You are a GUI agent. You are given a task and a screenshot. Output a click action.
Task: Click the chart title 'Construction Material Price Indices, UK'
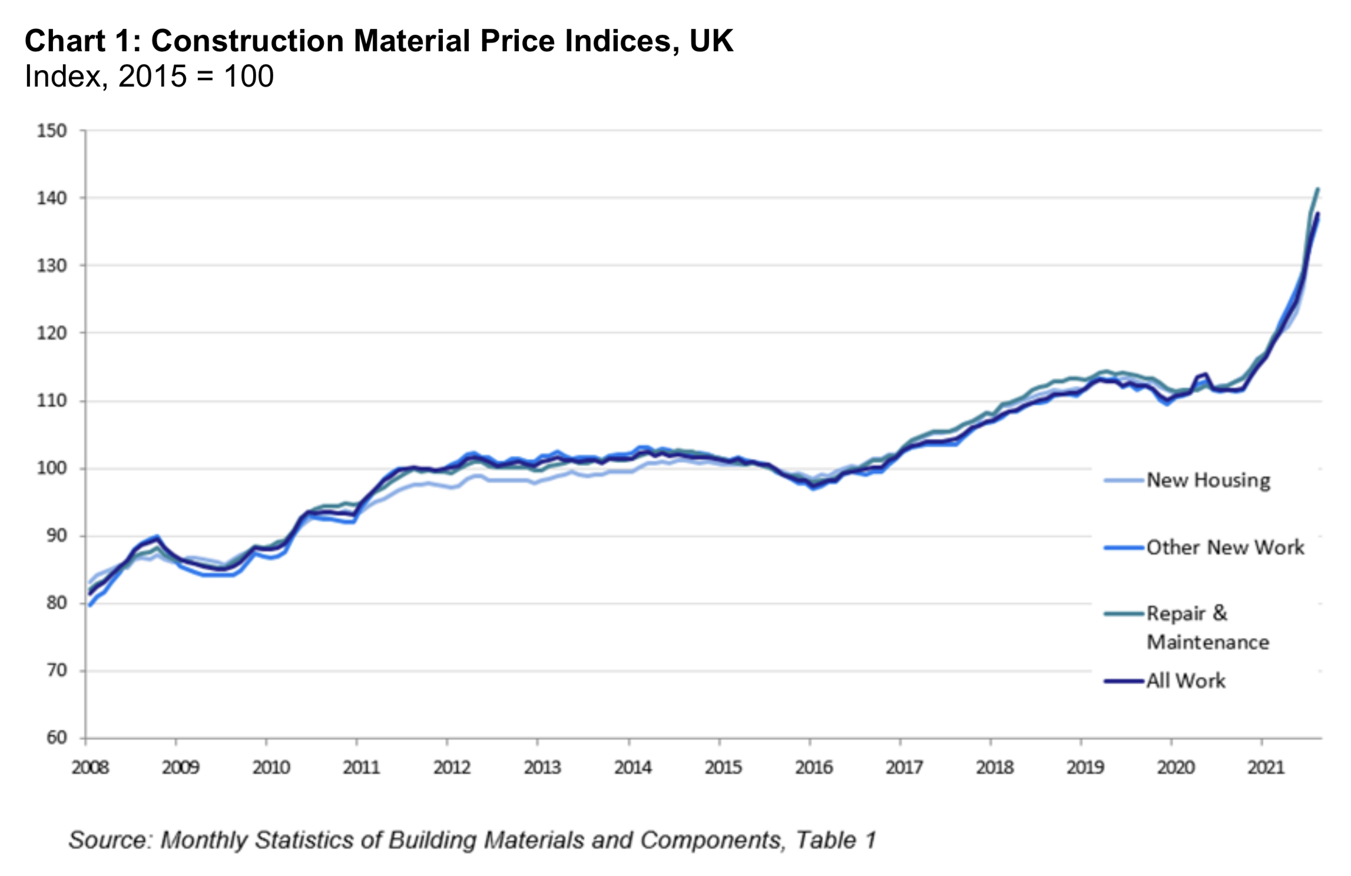click(442, 41)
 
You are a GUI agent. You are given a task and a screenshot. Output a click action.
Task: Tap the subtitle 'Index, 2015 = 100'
click(149, 77)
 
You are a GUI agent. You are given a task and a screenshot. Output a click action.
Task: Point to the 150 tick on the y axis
click(52, 131)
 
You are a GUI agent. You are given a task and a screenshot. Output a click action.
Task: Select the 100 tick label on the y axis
click(52, 469)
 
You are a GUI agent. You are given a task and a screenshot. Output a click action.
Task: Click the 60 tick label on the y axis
click(57, 738)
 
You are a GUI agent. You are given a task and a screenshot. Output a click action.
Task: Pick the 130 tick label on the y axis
click(52, 266)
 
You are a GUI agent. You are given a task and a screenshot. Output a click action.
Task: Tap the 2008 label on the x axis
click(90, 768)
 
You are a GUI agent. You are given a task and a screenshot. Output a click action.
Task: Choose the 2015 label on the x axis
click(723, 768)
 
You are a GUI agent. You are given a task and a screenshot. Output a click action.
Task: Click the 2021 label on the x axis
click(1266, 768)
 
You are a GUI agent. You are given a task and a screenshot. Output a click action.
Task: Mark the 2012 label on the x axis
click(452, 768)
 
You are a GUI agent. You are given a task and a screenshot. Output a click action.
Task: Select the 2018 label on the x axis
click(995, 768)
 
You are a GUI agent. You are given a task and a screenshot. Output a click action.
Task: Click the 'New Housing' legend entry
click(1208, 480)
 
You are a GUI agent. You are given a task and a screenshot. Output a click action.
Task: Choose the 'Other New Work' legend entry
click(1225, 547)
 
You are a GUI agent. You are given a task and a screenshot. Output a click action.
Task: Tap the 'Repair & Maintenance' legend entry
click(1207, 628)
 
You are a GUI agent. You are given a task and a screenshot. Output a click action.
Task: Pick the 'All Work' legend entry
click(1186, 681)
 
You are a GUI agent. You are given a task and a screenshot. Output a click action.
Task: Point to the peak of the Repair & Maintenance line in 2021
click(1318, 189)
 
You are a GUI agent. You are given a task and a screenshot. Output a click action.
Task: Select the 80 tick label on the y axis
click(57, 603)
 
